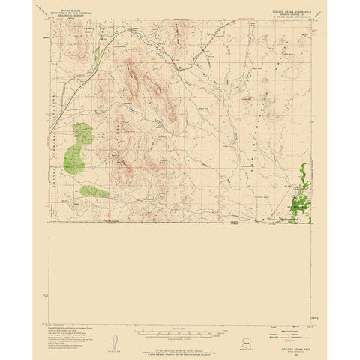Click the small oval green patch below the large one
click(x=94, y=191)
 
